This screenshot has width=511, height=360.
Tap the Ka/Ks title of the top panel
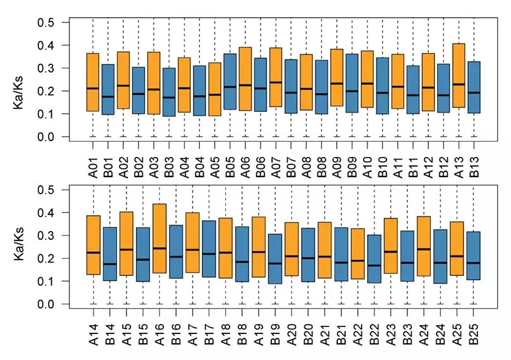[18, 79]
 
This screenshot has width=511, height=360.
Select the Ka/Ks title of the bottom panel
[18, 247]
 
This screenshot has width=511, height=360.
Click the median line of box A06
[245, 85]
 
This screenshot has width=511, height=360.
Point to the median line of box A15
[126, 249]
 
